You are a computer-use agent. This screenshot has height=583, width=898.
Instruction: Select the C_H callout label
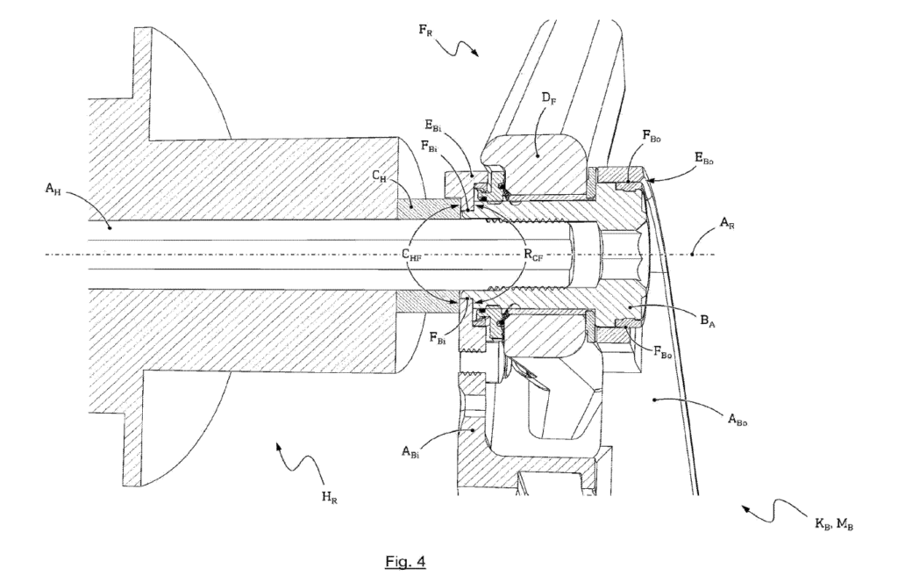[x=380, y=177]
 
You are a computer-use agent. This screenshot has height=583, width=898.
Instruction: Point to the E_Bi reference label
[x=455, y=127]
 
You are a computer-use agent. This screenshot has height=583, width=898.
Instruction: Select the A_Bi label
[x=413, y=453]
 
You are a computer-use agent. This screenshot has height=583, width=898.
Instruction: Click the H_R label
[x=329, y=500]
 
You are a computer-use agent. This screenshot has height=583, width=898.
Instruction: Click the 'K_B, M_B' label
[x=833, y=524]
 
